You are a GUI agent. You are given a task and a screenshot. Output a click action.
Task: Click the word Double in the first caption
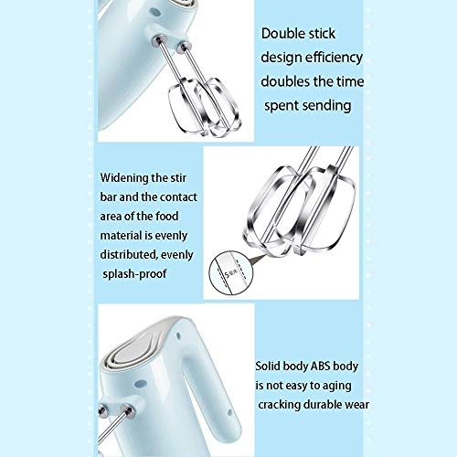(283, 35)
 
